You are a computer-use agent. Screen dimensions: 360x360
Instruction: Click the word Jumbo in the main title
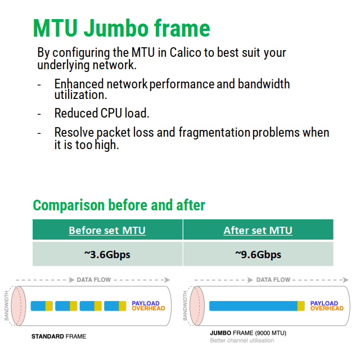tap(116, 28)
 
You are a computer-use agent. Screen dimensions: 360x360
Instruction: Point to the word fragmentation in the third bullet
tap(214, 133)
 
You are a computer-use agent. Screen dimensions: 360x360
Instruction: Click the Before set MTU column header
tap(107, 230)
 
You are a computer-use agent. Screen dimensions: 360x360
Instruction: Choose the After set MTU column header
tap(258, 230)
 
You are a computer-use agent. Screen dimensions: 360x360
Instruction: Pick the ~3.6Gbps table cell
tap(107, 254)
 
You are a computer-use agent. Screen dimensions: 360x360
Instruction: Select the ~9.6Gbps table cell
tap(258, 254)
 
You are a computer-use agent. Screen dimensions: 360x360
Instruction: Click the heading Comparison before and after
tap(119, 205)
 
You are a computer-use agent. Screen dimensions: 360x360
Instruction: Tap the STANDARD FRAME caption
tap(58, 336)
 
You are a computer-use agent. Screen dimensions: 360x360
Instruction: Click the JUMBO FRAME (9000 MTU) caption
tap(248, 333)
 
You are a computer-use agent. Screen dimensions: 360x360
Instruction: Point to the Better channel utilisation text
tap(242, 340)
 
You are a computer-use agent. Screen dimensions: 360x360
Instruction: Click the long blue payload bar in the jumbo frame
tap(254, 306)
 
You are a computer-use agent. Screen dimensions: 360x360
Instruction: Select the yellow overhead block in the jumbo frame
tap(301, 306)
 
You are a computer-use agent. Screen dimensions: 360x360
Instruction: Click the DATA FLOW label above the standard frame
tap(94, 280)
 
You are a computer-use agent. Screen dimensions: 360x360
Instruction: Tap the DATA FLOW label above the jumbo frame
tap(273, 280)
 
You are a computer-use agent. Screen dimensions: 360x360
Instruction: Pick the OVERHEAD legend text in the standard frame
tap(148, 308)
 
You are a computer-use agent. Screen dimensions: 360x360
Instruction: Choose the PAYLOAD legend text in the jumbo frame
tap(324, 303)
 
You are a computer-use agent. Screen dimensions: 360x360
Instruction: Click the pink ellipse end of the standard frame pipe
tap(19, 306)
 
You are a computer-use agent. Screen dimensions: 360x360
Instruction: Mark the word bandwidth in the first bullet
tap(264, 84)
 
